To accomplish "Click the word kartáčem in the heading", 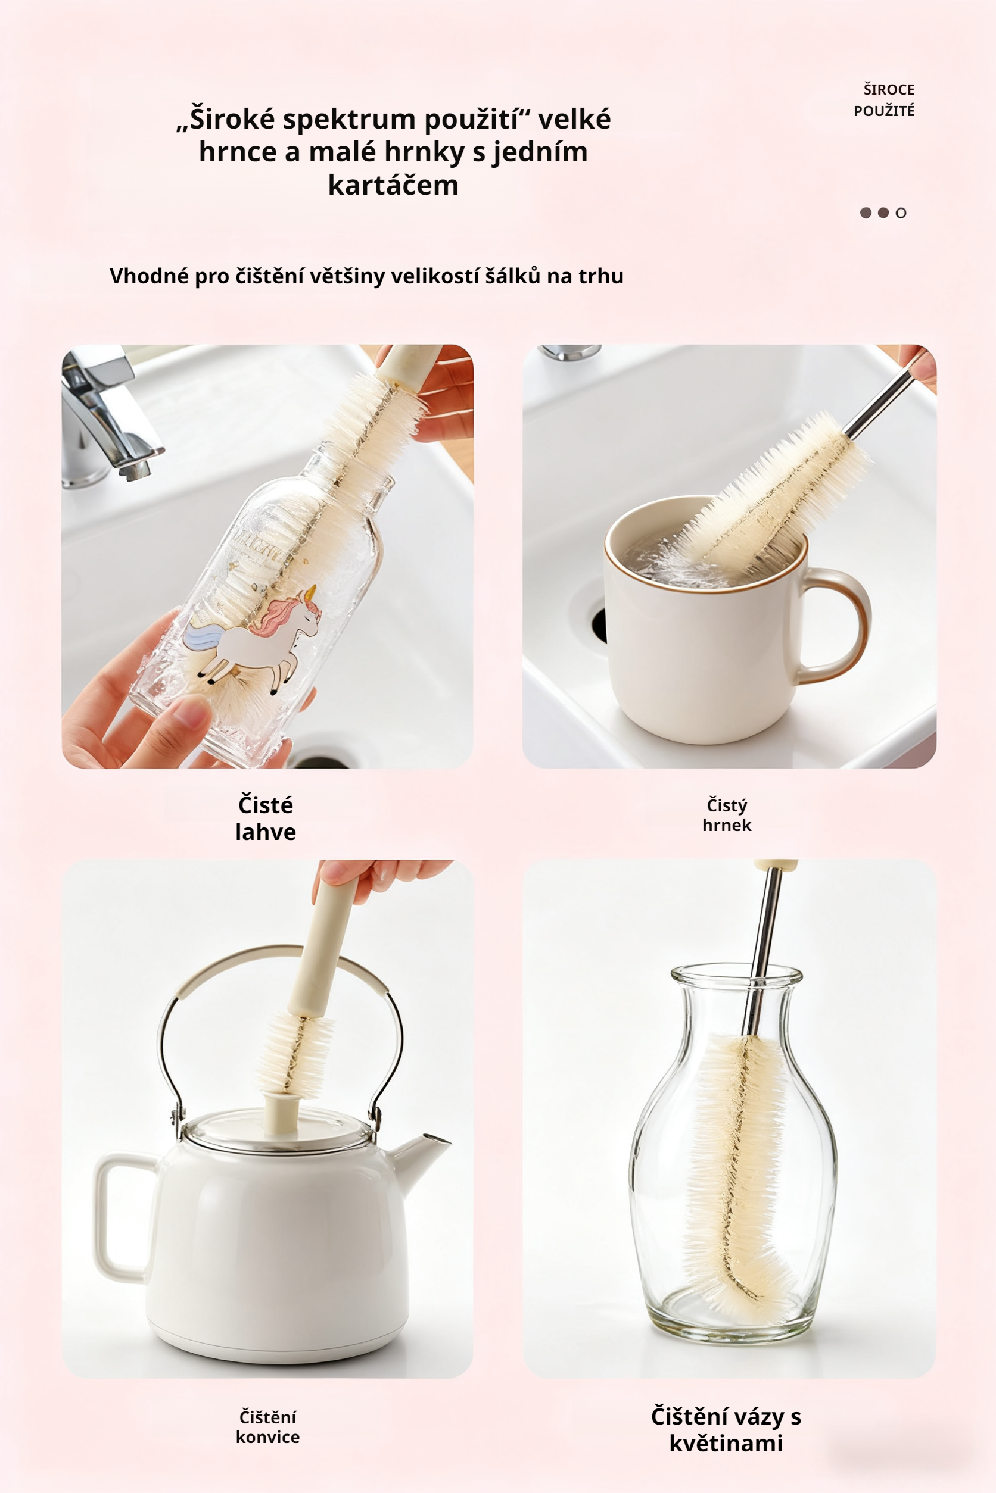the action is [x=393, y=185].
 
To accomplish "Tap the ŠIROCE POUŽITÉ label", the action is [x=884, y=100].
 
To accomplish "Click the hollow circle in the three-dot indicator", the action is [x=901, y=213].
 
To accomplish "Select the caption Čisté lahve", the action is [x=266, y=818].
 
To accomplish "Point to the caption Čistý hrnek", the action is [x=727, y=815].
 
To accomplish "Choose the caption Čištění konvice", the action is [x=267, y=1427].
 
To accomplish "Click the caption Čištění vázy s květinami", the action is [x=726, y=1429].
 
